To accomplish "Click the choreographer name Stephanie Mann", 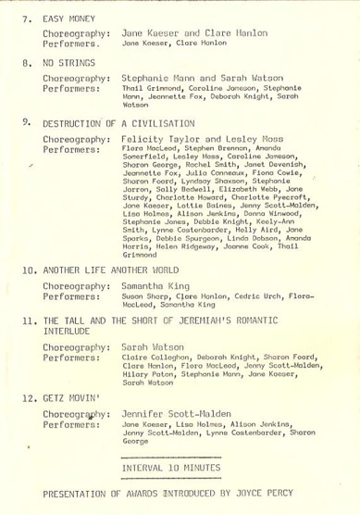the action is click(158, 79).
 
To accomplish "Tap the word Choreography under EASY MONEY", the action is click(74, 32).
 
